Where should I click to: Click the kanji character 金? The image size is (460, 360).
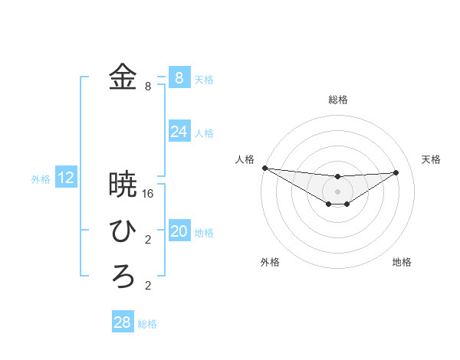123,77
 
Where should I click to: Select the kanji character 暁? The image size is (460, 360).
123,185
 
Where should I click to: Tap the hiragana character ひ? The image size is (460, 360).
123,231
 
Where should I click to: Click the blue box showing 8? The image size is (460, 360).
179,77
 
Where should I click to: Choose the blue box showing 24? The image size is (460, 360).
179,132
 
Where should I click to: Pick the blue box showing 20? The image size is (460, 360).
179,231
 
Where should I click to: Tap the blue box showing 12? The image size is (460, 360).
66,178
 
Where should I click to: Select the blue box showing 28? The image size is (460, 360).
122,322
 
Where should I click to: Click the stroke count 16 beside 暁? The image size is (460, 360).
148,194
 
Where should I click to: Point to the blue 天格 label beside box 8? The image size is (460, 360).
204,79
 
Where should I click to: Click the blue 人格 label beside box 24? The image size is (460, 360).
204,133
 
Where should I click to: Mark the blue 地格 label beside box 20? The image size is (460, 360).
204,233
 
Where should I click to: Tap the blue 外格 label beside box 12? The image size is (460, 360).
41,179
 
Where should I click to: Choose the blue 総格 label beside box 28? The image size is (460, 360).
147,324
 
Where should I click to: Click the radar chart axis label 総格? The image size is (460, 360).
337,100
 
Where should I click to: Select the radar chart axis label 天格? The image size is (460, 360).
431,159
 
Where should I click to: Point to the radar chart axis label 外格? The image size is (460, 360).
270,262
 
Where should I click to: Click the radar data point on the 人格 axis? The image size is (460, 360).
264,167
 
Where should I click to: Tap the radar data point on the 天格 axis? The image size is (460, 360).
396,172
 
